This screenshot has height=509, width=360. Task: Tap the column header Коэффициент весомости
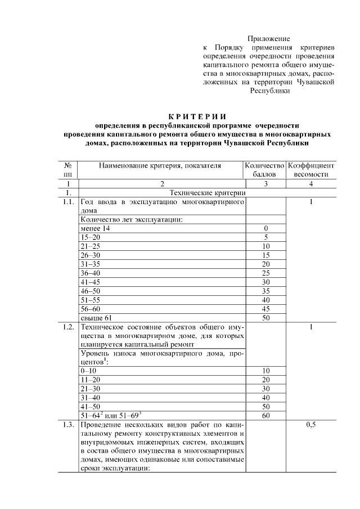(x=310, y=170)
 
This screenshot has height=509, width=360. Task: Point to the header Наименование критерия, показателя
(x=160, y=166)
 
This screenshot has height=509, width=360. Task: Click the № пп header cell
(x=68, y=170)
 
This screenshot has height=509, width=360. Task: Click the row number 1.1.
(x=68, y=202)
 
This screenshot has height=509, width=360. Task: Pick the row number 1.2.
(x=68, y=326)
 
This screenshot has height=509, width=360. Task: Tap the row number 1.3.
(x=68, y=425)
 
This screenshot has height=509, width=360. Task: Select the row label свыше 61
(x=96, y=318)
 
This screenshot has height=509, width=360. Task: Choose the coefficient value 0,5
(x=310, y=425)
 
